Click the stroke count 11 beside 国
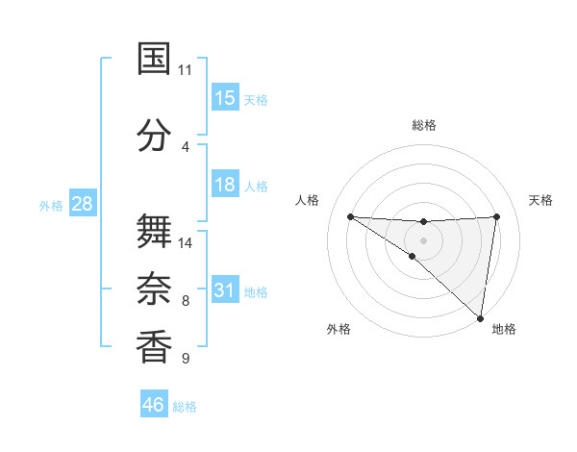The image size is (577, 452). pos(186,70)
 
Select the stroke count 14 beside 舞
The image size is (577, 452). pos(186,243)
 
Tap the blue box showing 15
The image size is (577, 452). pos(225,98)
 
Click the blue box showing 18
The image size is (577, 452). pos(225,185)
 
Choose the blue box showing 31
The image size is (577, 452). pos(225,290)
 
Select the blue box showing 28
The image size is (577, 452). pos(82,204)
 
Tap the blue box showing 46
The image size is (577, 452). pos(154,405)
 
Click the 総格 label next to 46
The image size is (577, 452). pos(185,407)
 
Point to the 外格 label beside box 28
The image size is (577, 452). pos(51,206)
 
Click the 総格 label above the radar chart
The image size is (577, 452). pos(424,125)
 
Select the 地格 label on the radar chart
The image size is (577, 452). pos(504,329)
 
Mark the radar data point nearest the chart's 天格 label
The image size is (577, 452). pos(497,216)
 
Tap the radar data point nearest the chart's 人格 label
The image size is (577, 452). pos(350,216)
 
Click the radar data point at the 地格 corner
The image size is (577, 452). pos(481,317)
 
